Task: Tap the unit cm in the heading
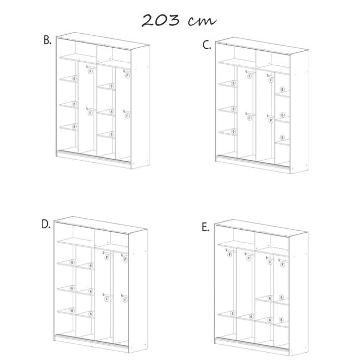(x=202, y=21)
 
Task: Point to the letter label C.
(x=207, y=45)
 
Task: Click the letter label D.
(x=46, y=224)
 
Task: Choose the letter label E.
(x=206, y=227)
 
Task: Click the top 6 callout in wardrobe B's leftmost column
(x=75, y=78)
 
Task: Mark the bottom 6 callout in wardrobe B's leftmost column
(x=75, y=126)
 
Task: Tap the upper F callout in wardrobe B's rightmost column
(x=127, y=76)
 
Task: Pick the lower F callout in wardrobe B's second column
(x=90, y=114)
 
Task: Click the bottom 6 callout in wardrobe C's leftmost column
(x=233, y=132)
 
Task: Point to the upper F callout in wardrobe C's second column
(x=249, y=76)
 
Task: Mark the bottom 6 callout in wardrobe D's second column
(x=90, y=313)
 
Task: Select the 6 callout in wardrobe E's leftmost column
(x=233, y=314)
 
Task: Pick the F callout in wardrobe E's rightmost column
(x=283, y=258)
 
